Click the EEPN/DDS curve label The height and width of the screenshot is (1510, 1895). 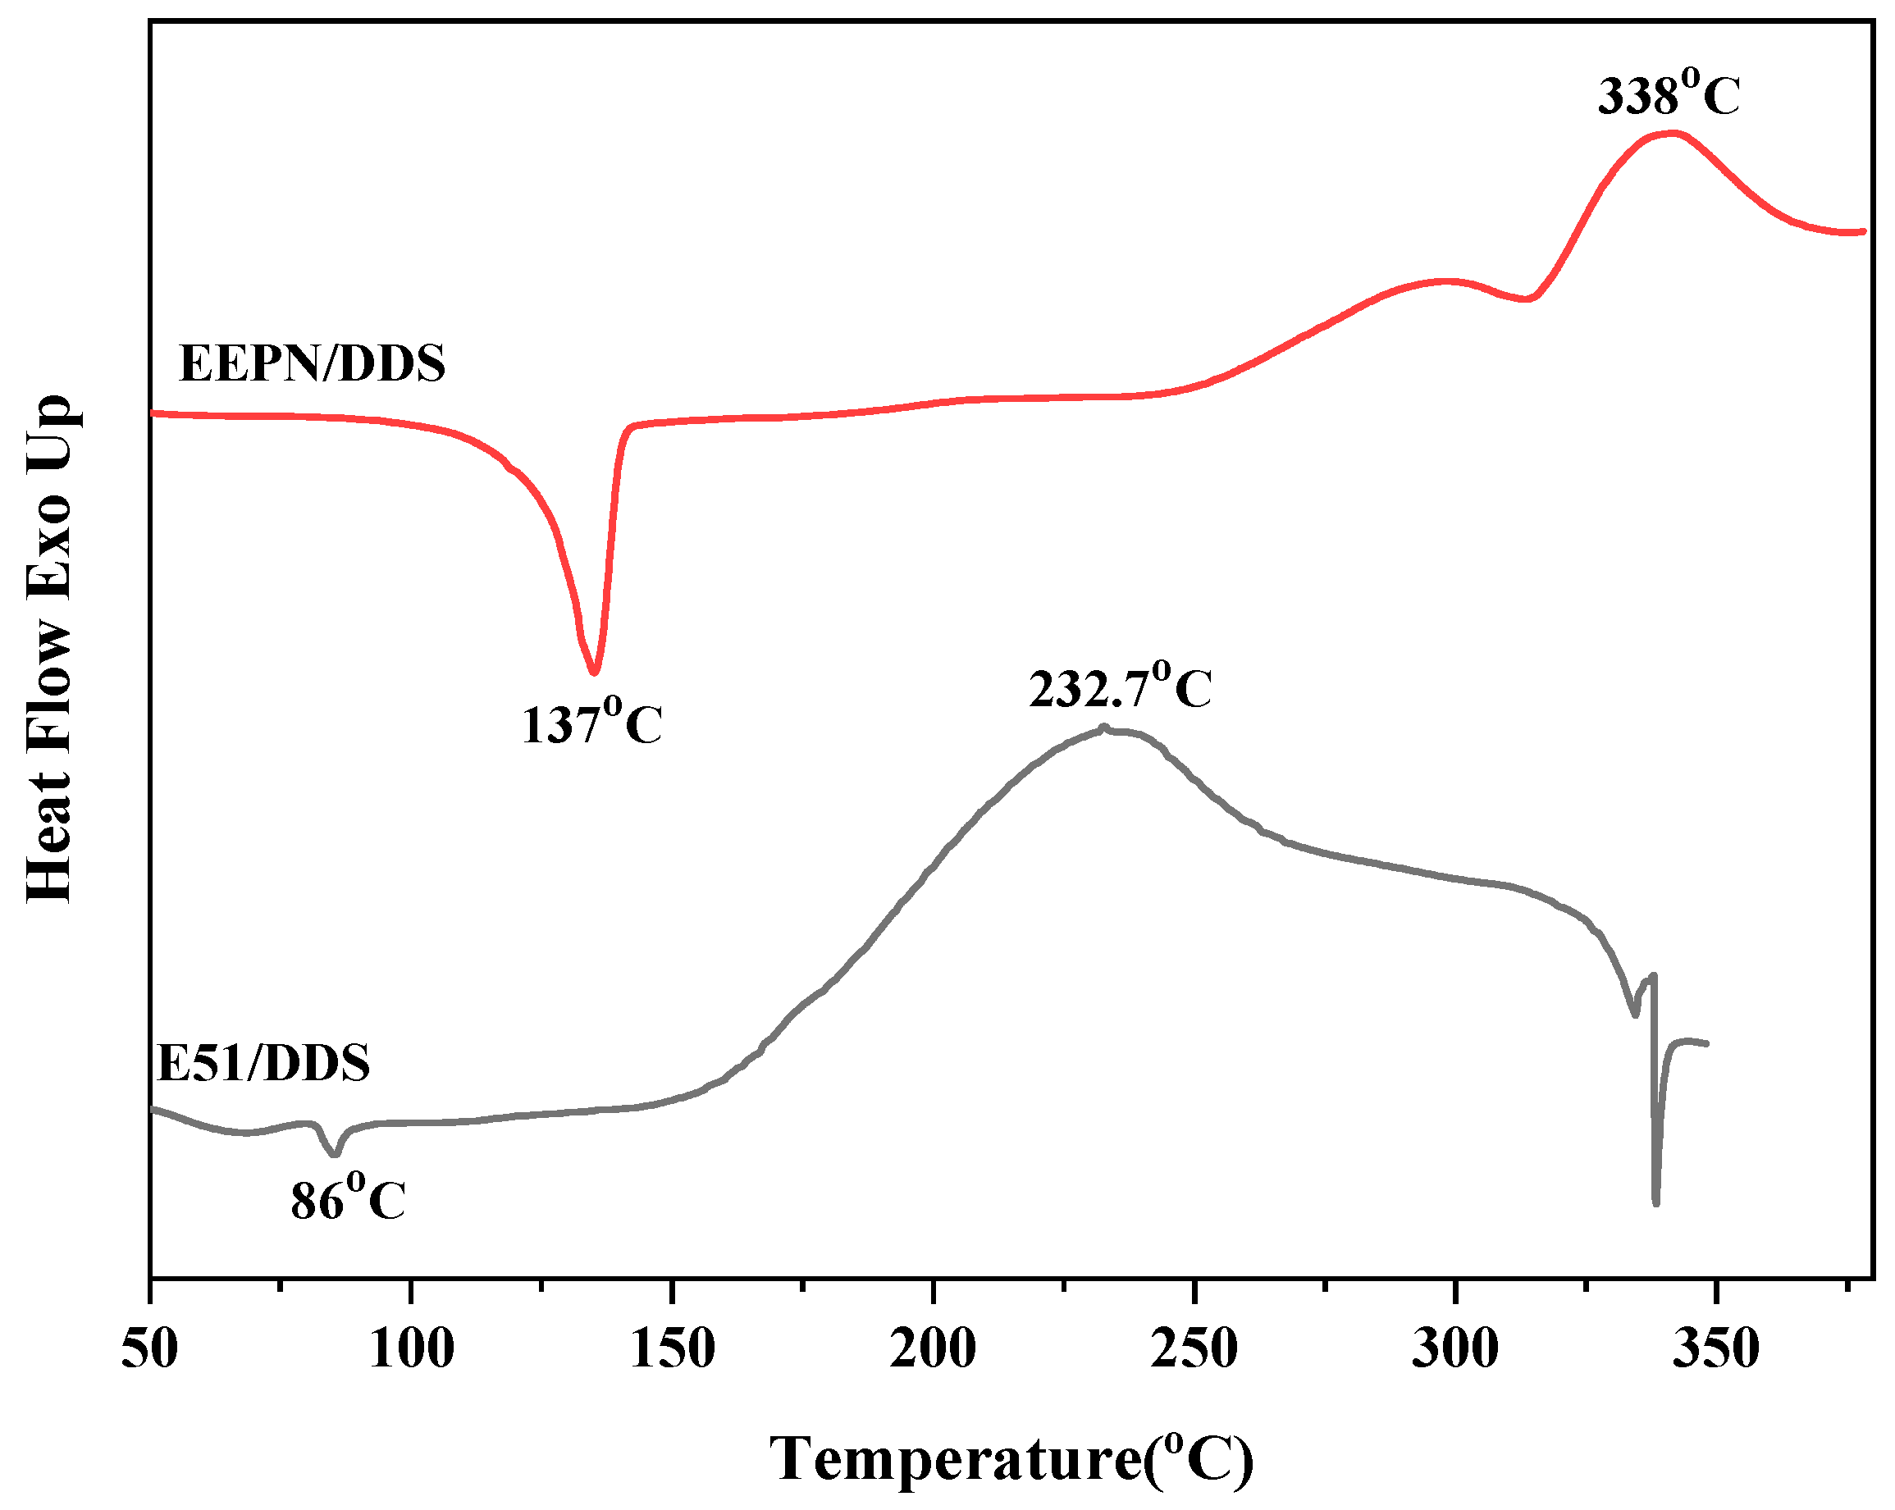coord(312,363)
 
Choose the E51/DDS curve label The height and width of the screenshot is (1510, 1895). coord(263,1063)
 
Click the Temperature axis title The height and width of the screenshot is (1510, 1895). coord(1011,1458)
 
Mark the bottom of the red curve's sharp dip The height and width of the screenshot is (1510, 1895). coord(595,673)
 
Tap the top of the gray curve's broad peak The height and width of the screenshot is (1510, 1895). coord(1105,728)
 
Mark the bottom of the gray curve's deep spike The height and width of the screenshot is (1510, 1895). coord(1656,1203)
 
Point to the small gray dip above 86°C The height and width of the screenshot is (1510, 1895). coord(334,1154)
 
